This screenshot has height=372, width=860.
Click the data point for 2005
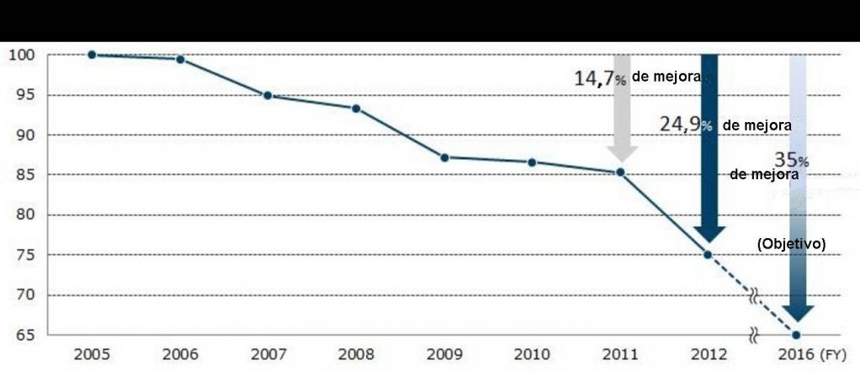91,55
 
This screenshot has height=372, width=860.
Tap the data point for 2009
443,157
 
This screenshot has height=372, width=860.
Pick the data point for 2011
620,173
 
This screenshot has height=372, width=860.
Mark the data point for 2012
708,254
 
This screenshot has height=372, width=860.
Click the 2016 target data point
796,334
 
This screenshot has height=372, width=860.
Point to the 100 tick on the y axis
21,56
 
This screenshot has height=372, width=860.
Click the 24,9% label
686,125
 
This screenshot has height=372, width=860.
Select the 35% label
792,160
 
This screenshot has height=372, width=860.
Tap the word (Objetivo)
792,243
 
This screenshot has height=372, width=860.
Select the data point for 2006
179,59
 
